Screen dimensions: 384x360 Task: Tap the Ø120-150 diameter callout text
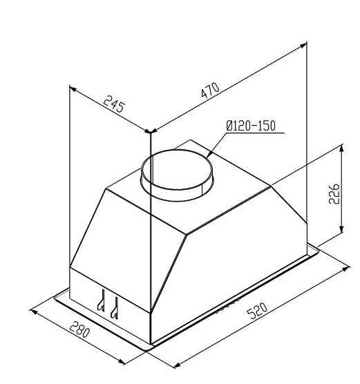pyautogui.click(x=252, y=126)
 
